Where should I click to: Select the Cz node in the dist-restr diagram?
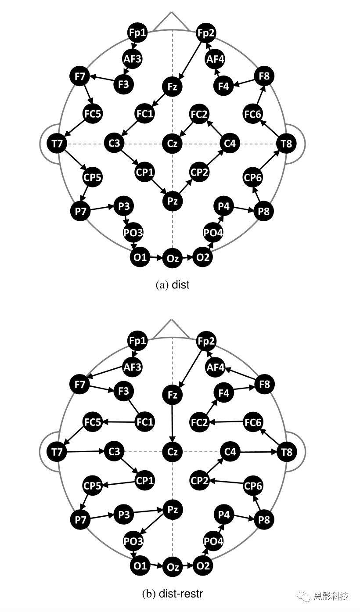173,451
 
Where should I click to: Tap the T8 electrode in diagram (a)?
286,143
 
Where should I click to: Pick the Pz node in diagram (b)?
173,510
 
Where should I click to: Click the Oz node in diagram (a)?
173,259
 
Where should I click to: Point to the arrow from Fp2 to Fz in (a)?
190,60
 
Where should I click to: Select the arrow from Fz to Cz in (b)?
173,423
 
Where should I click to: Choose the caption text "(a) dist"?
173,285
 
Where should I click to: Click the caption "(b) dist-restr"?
173,594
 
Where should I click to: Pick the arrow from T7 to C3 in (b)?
85,451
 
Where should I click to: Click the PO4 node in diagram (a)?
213,233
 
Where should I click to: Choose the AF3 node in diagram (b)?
132,366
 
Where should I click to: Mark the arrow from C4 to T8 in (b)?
259,451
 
